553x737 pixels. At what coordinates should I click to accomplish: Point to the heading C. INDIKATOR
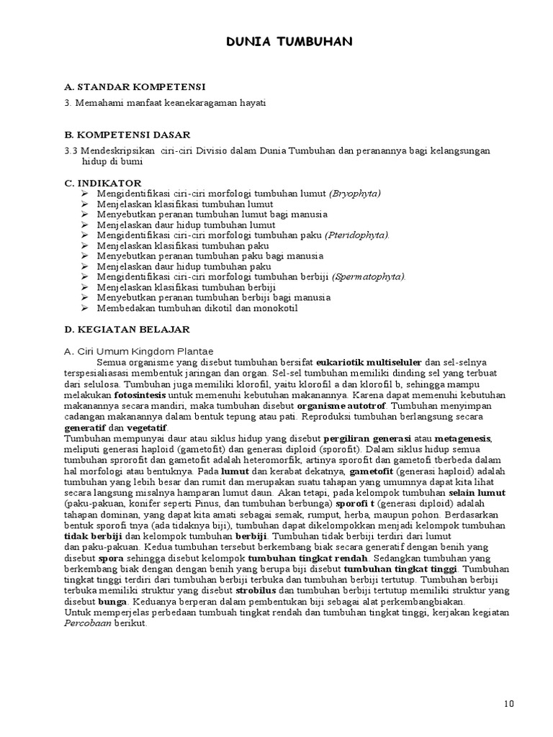coord(103,184)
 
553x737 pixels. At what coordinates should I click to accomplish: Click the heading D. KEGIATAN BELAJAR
coord(127,329)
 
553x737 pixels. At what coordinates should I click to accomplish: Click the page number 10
coord(509,704)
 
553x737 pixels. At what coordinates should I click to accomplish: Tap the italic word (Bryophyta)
coord(355,194)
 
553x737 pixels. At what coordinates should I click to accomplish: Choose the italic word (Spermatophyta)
coord(369,276)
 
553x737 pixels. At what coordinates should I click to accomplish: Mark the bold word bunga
coord(113,601)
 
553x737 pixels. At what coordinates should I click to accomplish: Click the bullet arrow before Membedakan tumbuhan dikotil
coord(84,308)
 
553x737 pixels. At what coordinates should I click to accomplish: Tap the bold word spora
coord(112,558)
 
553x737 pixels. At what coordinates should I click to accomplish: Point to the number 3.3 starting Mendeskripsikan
coord(71,150)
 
